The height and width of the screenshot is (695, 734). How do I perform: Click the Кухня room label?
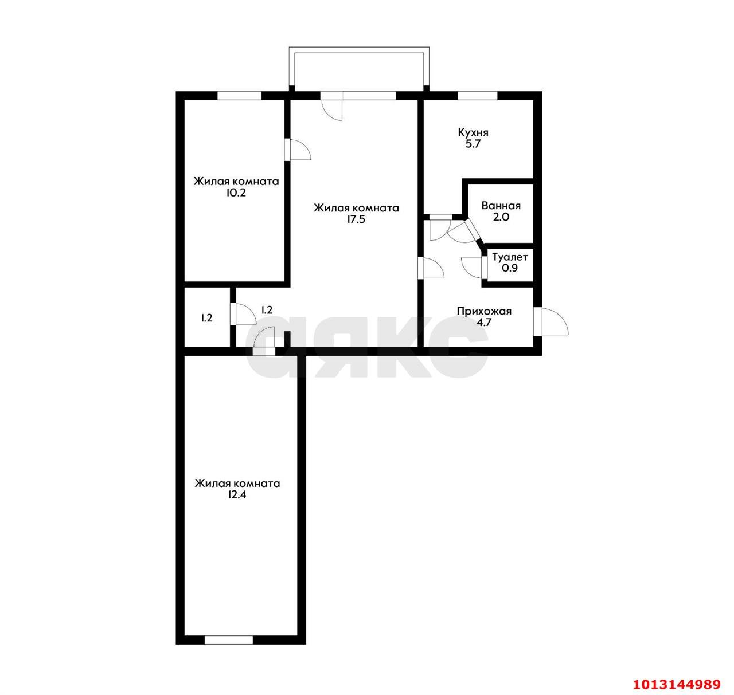[x=473, y=133]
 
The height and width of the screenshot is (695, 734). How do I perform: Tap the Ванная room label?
[x=501, y=206]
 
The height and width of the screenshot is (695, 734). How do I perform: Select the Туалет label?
[x=509, y=257]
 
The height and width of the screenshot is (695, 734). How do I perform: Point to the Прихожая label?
[x=483, y=312]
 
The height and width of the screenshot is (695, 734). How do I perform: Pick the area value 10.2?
[x=236, y=193]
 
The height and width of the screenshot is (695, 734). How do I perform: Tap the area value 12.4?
[x=237, y=495]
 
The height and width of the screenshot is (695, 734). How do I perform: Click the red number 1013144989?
[x=676, y=684]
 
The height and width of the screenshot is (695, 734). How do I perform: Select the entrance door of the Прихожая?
[x=538, y=321]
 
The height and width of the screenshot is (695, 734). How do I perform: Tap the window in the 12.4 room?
[x=228, y=639]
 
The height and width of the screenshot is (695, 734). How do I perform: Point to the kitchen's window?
[x=477, y=96]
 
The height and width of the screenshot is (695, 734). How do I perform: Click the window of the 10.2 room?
[x=240, y=96]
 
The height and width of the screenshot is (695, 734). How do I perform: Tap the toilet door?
[x=483, y=267]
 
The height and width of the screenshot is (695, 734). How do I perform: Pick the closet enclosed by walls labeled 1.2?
[x=206, y=318]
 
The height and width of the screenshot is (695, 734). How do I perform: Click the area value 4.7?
[x=483, y=323]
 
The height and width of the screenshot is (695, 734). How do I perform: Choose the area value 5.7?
[x=473, y=144]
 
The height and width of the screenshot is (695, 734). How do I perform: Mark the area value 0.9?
[x=509, y=268]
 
